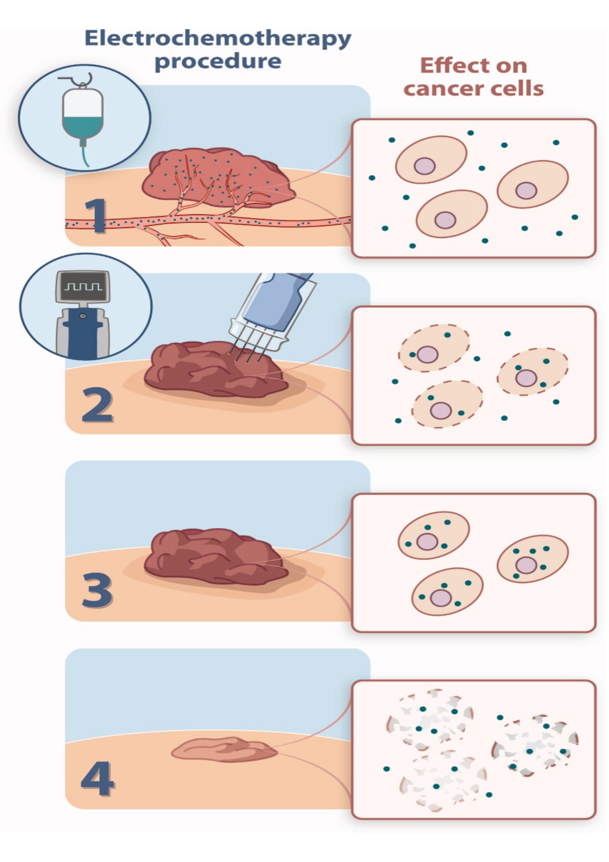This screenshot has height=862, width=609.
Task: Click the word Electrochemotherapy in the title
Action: point(218,40)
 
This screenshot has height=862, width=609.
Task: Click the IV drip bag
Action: point(83,115)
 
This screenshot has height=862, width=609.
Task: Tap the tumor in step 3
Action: point(216,558)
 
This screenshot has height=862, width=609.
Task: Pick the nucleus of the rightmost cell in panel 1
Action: point(526,191)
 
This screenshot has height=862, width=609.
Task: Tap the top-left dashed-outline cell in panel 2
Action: point(433,348)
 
